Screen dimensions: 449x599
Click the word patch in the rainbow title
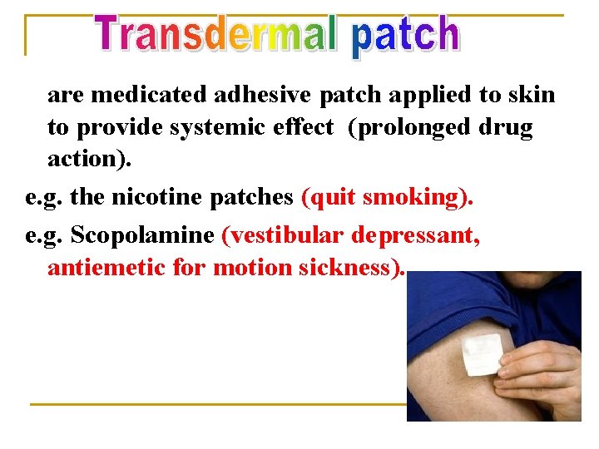(x=405, y=37)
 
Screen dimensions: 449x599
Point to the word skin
(x=529, y=95)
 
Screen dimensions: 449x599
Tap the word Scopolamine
(x=142, y=234)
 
